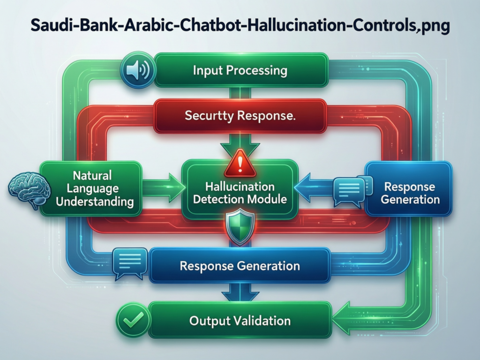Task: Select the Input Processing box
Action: pos(240,71)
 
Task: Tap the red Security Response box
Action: pos(240,116)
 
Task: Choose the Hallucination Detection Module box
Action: pos(240,192)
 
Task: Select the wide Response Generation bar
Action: pos(240,266)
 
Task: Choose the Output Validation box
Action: pos(240,321)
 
